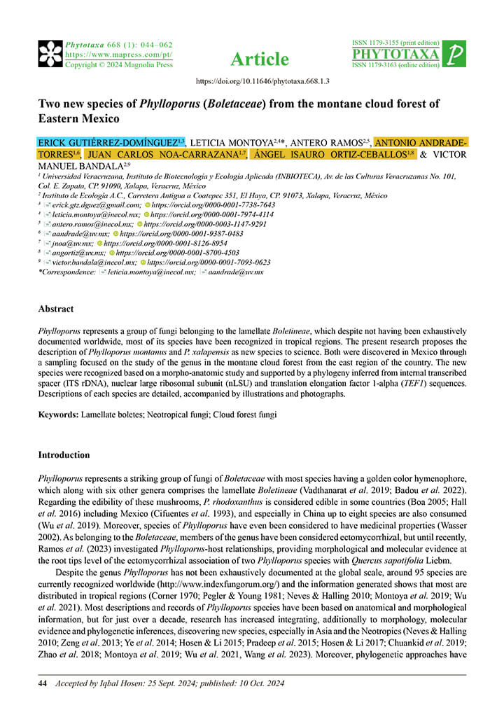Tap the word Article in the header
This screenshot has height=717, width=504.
(260, 59)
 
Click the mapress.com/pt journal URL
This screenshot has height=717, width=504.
(119, 54)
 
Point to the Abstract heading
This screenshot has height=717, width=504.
(56, 308)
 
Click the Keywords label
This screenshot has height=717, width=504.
(58, 415)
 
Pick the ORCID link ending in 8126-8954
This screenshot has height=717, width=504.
(167, 243)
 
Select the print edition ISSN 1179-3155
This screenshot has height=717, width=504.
(396, 43)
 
